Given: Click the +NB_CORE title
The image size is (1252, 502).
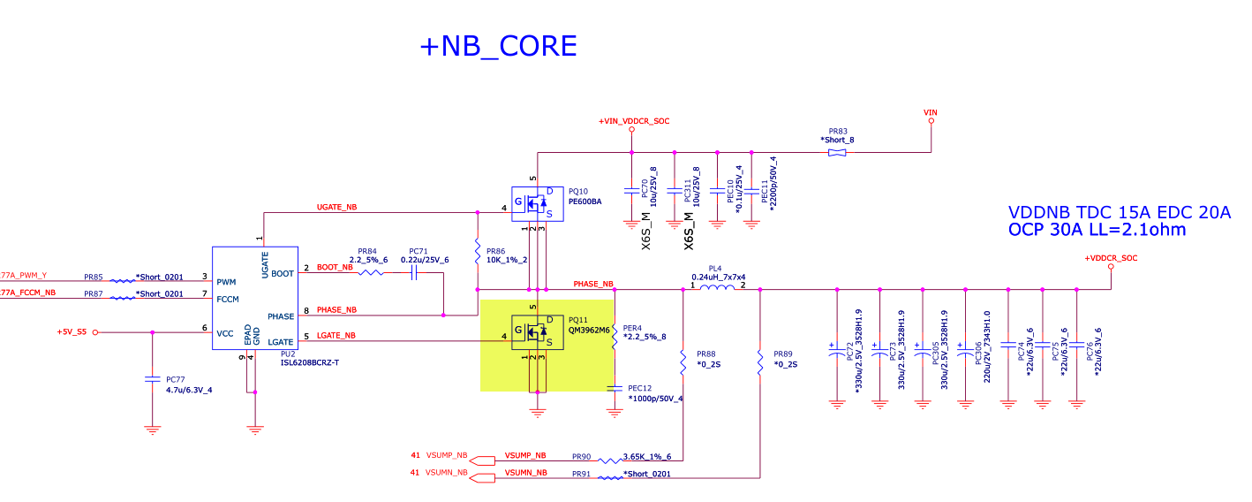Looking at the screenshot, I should coord(499,46).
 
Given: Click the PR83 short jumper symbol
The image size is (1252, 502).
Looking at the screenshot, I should coord(837,153).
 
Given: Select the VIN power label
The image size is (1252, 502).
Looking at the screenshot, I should coord(930,112).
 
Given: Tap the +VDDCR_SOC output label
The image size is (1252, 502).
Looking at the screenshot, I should coord(1111,258).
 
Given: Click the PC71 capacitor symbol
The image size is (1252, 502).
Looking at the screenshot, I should coord(413,273).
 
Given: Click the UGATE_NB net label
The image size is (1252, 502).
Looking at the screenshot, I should coord(336,208).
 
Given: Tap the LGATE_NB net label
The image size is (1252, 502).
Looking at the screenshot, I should coord(336,336).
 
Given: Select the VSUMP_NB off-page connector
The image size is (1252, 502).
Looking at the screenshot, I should coord(482,460).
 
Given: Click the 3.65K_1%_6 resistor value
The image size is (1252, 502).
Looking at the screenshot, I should coord(646,457).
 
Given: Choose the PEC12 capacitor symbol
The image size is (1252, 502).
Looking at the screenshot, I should coord(615,387).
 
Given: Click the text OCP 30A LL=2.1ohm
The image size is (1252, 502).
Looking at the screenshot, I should coord(1097,230).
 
